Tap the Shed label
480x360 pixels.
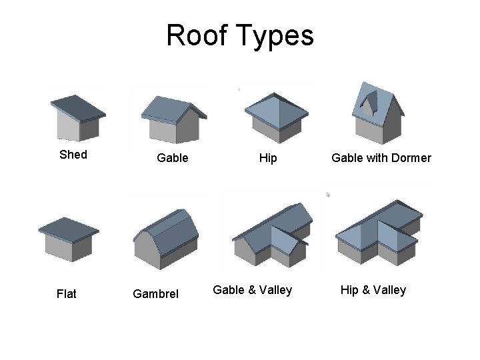coord(73,155)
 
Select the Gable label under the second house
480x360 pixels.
coord(172,158)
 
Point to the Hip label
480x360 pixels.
coord(269,158)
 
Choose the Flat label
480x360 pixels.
coord(67,293)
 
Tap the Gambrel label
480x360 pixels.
coord(156,293)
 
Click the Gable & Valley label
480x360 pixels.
coord(252,290)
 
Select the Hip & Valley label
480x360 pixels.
coord(373,290)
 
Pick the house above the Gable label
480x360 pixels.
coord(172,119)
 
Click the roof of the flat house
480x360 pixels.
coord(69,227)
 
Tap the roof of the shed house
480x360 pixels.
coord(77,106)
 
